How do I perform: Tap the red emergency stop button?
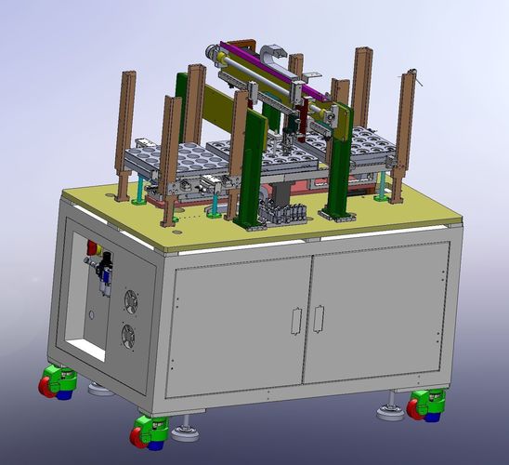pos(92,248)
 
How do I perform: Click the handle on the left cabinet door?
pos(295,320)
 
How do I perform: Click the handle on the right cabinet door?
pos(318,320)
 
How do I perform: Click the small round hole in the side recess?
pos(92,316)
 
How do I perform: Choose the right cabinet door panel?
pos(375,314)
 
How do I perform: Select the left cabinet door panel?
pos(240,321)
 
